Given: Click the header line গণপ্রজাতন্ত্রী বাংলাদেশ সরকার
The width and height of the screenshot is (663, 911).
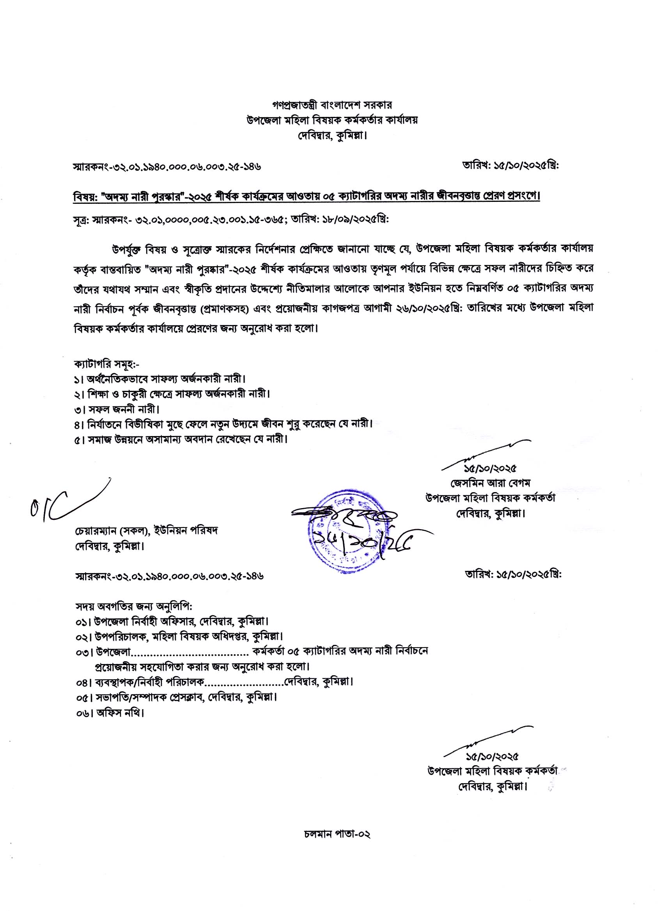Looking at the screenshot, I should (332, 105).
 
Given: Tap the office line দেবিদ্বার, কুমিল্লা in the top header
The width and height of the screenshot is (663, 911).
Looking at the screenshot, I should (332, 135).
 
